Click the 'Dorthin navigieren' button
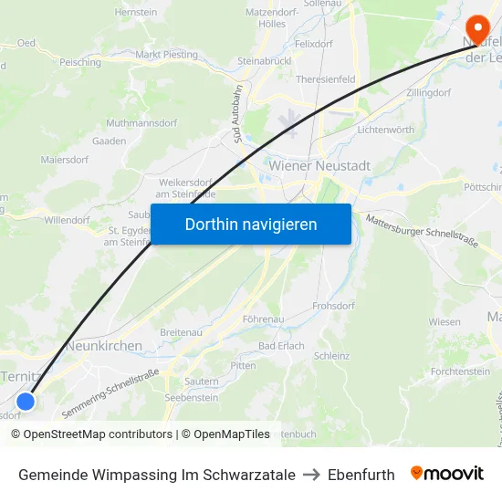(x=251, y=224)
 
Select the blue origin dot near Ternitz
(x=26, y=402)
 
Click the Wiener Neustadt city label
(x=319, y=166)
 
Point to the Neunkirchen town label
(x=104, y=346)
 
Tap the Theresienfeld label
(x=326, y=79)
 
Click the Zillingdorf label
(x=430, y=92)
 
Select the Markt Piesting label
(x=166, y=55)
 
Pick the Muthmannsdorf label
(x=141, y=121)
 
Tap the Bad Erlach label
(x=281, y=347)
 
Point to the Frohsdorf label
(x=333, y=306)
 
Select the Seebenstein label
(x=191, y=398)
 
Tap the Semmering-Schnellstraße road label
(x=110, y=393)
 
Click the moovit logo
(x=446, y=473)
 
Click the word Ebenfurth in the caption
(x=361, y=475)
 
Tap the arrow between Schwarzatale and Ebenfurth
(x=311, y=475)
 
